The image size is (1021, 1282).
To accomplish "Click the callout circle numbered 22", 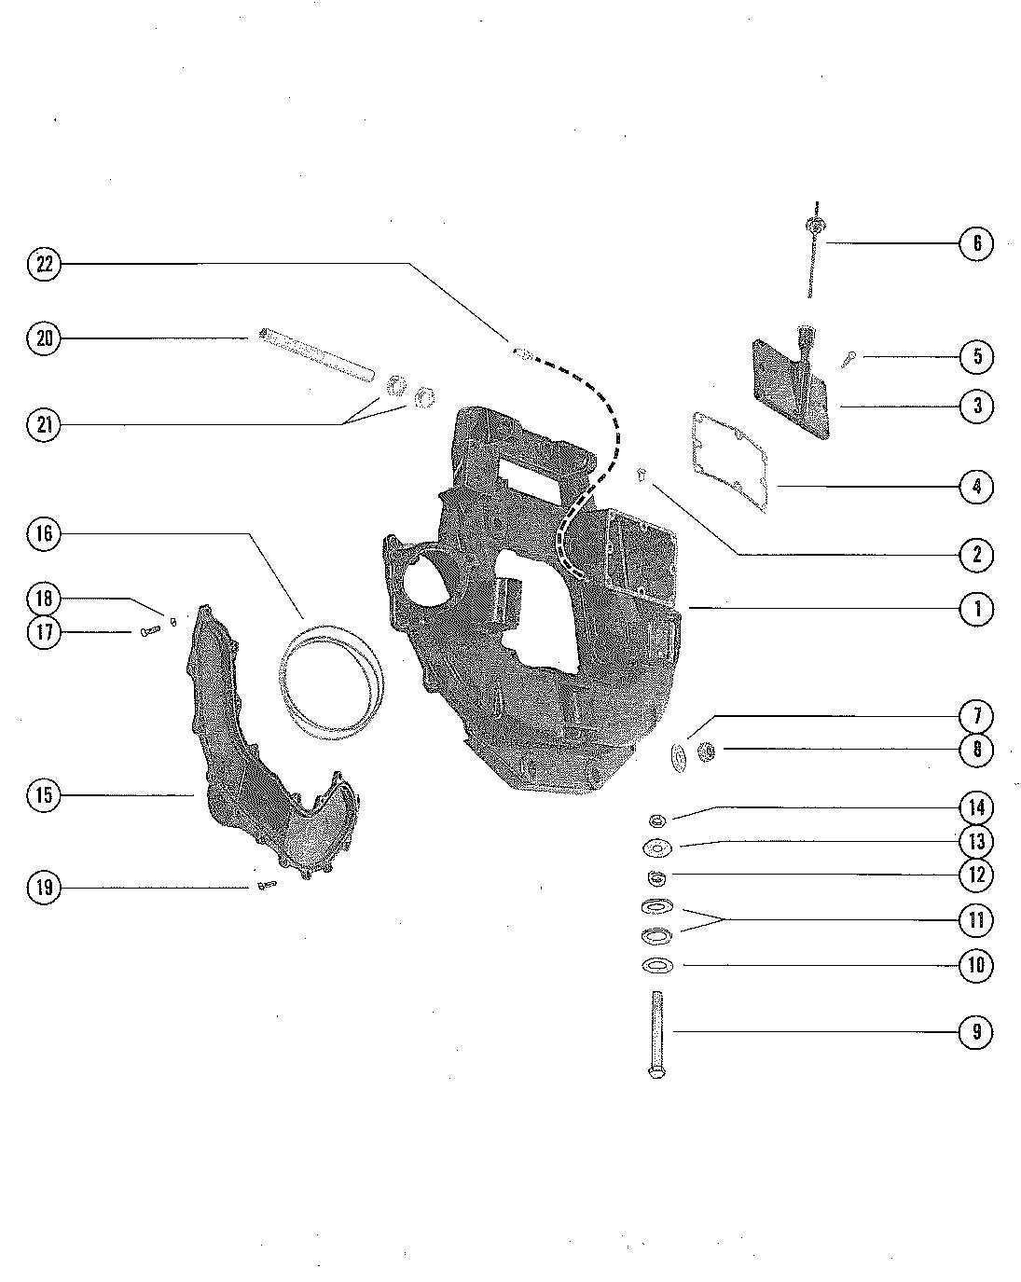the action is pos(44,263).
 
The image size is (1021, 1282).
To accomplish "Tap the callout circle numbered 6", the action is pos(976,242).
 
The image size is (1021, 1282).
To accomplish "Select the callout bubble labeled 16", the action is pos(44,533).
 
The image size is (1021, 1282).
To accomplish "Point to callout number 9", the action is pos(976,1031).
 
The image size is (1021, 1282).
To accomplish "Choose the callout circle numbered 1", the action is pos(976,609).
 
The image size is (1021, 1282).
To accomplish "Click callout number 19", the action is pos(44,887).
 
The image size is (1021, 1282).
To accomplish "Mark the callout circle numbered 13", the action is pos(976,841).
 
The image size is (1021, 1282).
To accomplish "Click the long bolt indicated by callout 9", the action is pos(655,1035).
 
